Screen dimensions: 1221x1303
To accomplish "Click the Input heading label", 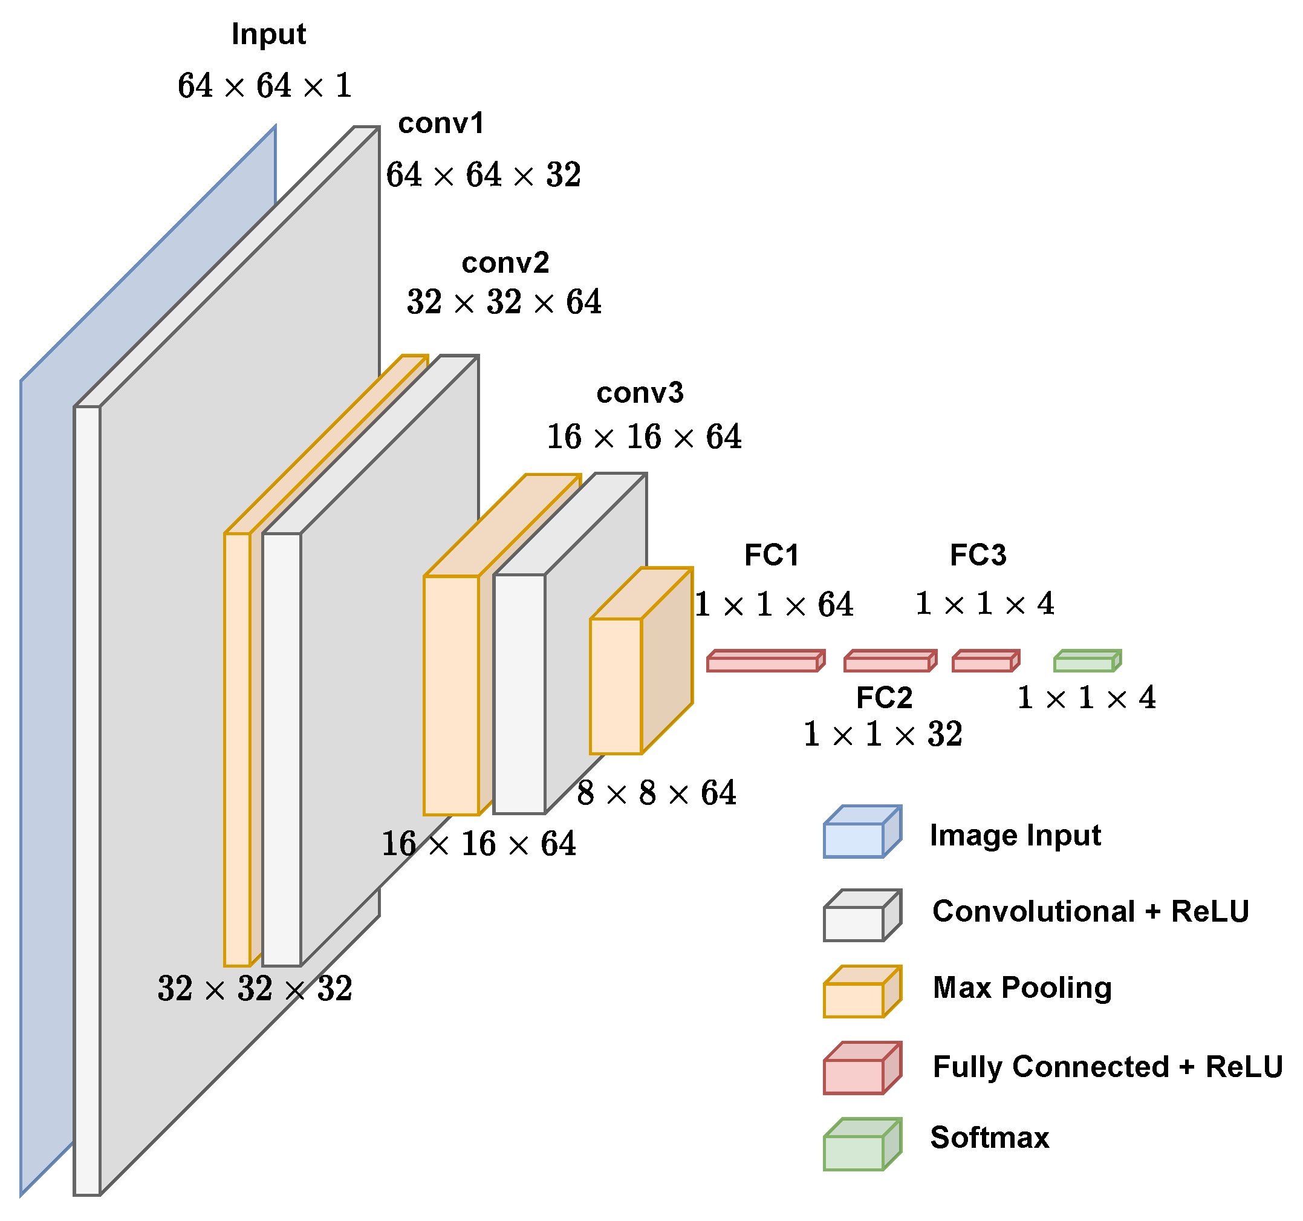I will [268, 34].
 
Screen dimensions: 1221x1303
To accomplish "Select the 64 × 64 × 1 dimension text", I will [265, 86].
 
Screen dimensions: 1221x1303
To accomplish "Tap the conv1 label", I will [440, 123].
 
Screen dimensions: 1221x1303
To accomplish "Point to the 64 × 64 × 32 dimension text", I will [483, 175].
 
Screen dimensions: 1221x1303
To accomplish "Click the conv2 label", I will [505, 263].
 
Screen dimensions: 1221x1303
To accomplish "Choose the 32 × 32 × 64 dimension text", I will [504, 302].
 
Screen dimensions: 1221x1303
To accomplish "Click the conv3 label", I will [639, 392].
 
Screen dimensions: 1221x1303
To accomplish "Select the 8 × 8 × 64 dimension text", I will [656, 793].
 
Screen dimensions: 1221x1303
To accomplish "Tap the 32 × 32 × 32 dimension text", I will [255, 988].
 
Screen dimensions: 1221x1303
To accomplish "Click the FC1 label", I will [772, 555].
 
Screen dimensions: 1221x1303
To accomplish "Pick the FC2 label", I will [883, 697].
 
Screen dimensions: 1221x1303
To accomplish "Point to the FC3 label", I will [977, 555].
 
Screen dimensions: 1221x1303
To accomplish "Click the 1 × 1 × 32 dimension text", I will [882, 734].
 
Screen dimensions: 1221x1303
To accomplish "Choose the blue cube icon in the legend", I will [860, 832].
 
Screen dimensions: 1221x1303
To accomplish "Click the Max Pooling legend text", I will [1021, 988].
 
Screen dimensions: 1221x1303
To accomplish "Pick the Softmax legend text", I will [989, 1138].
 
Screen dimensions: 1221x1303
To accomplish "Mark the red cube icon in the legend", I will [860, 1068].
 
